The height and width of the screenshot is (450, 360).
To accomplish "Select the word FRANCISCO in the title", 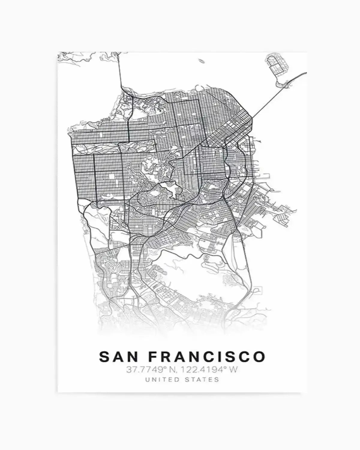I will (207, 356).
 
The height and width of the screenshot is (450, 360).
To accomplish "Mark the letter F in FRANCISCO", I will (153, 356).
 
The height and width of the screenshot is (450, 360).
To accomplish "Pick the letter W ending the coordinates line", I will (234, 370).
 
